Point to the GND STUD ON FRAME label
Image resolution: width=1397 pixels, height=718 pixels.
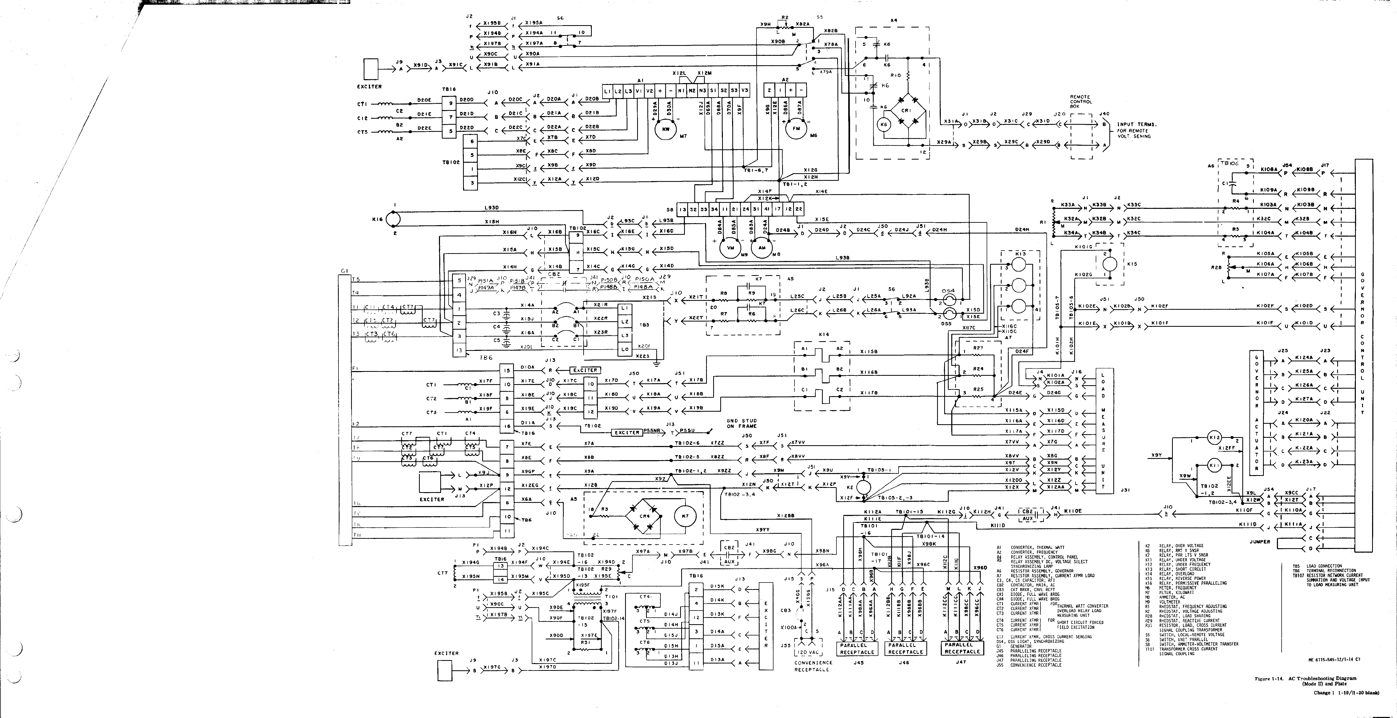(741, 423)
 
